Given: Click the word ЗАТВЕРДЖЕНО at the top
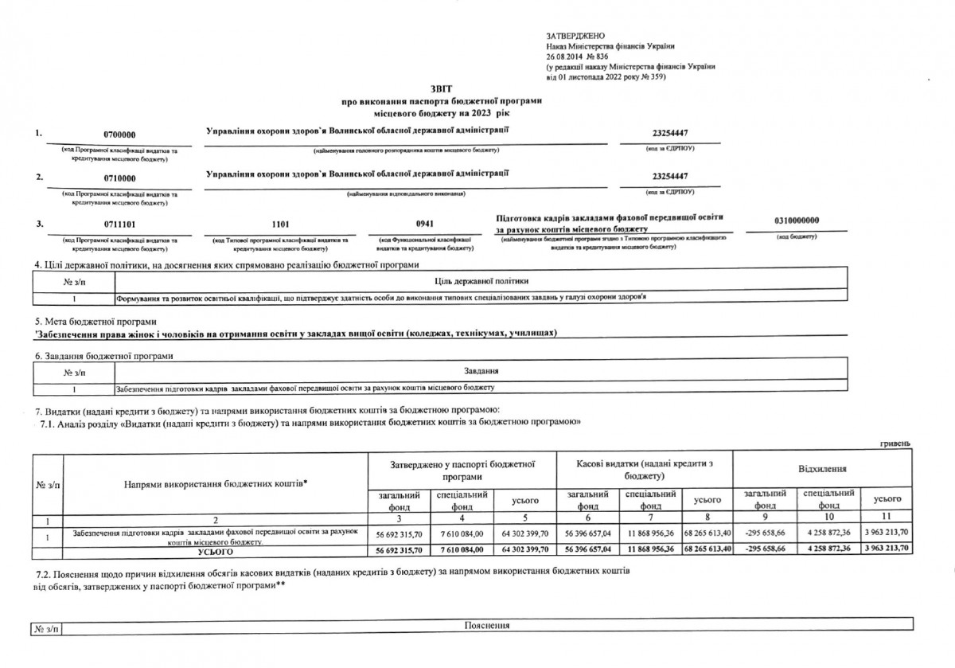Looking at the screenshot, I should (x=576, y=37).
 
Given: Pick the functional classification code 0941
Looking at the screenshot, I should (x=426, y=224).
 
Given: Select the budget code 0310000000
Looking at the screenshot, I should (x=797, y=220).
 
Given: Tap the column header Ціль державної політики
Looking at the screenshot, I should (x=482, y=281).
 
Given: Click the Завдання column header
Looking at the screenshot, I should (x=481, y=371).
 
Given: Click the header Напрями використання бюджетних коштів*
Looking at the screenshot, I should (x=216, y=483).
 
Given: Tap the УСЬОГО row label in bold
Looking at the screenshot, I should (x=215, y=550).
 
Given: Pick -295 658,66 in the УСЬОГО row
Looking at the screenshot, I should (x=764, y=550).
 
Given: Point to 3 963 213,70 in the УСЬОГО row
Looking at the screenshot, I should (x=887, y=550).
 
